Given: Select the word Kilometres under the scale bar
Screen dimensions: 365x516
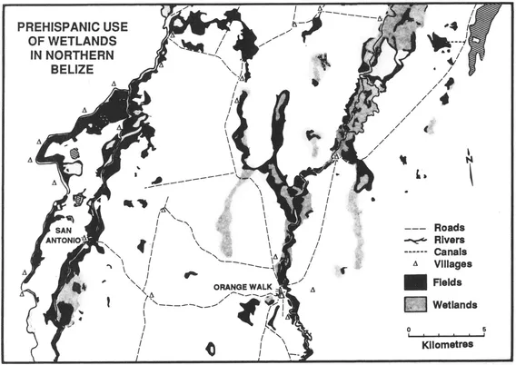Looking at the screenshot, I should pos(446,346).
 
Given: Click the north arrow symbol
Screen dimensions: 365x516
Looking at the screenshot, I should pos(467,163).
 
